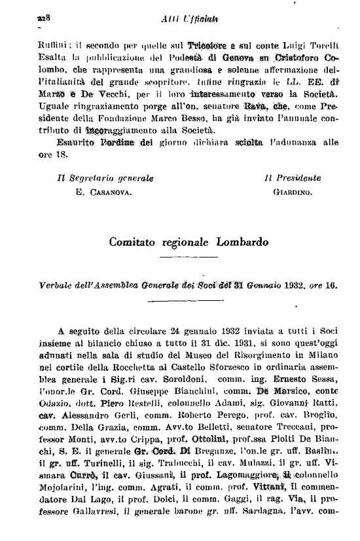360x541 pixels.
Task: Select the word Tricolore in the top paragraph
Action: pyautogui.click(x=208, y=48)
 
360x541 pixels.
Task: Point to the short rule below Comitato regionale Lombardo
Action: pyautogui.click(x=189, y=256)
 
